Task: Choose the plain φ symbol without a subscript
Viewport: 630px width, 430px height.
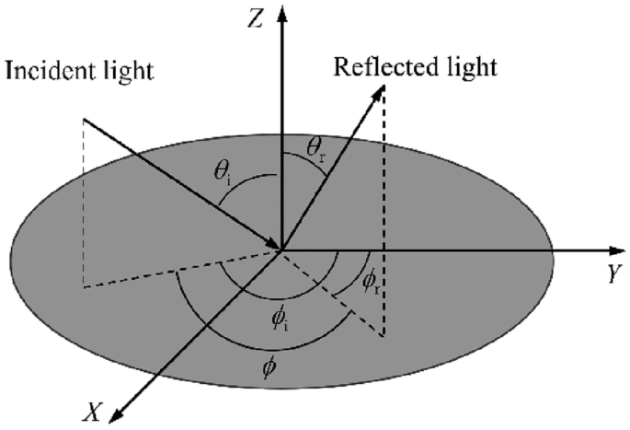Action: (269, 366)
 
